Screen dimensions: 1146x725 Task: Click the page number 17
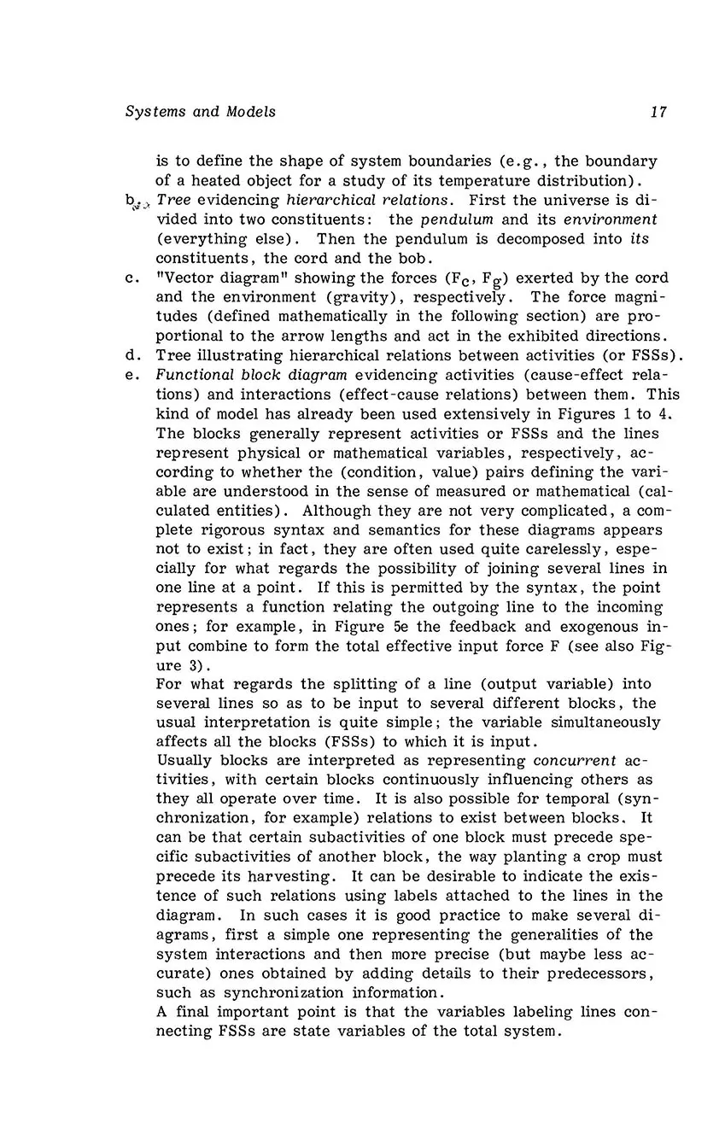(x=658, y=112)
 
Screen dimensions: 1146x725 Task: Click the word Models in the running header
(x=251, y=112)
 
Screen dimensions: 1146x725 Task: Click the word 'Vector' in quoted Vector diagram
(x=184, y=278)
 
